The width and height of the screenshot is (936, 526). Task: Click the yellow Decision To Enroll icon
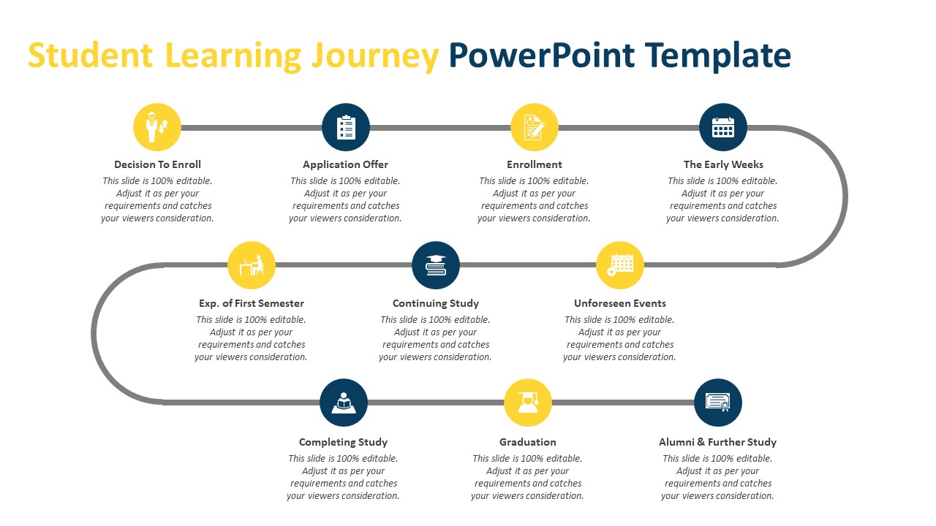point(157,127)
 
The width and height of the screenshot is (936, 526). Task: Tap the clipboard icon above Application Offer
point(346,127)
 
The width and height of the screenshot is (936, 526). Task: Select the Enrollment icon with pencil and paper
point(534,127)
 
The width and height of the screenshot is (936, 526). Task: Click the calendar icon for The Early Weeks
point(723,127)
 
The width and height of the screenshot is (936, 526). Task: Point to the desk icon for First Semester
point(252,265)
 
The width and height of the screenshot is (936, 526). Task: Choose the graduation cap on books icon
point(436,265)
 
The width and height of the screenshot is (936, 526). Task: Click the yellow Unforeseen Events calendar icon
point(620,265)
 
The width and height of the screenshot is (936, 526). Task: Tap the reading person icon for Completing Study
point(344,403)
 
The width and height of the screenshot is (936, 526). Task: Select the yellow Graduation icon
point(528,403)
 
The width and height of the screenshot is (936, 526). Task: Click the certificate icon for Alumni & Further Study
point(717,403)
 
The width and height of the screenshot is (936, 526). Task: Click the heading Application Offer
point(345,164)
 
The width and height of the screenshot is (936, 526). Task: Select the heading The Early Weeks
point(723,164)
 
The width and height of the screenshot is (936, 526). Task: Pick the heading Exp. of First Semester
point(252,303)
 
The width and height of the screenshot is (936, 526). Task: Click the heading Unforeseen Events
point(620,303)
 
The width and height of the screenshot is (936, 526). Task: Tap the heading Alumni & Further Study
point(717,442)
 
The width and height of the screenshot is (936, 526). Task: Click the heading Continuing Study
point(436,303)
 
